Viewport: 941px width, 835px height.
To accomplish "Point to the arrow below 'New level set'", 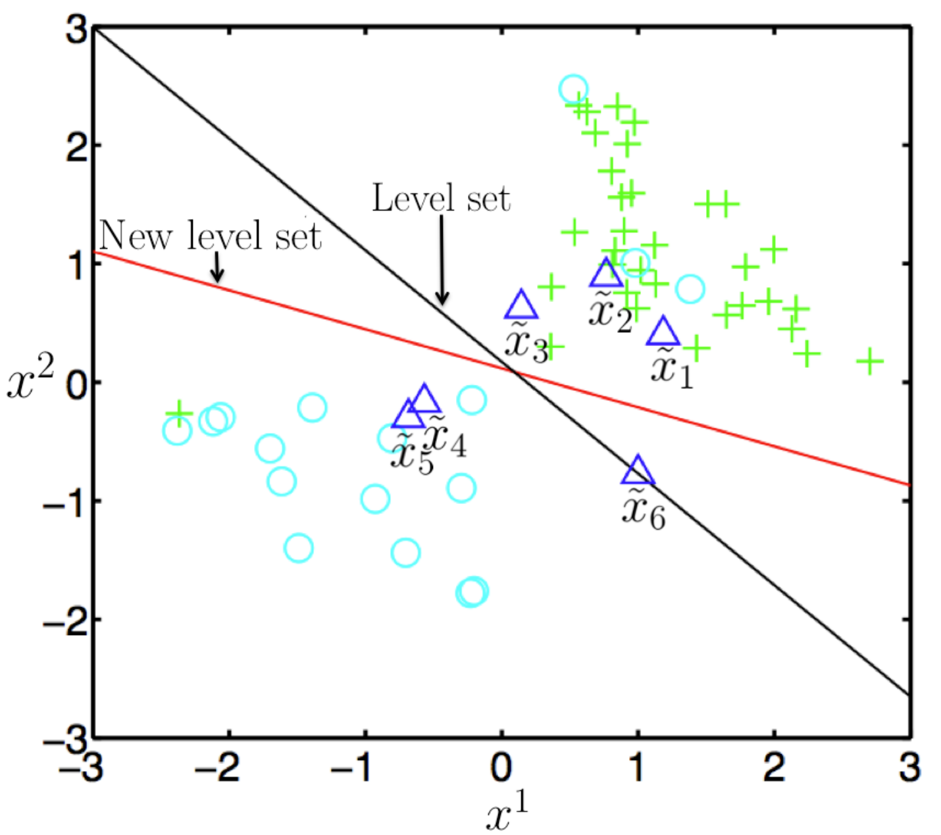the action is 217,268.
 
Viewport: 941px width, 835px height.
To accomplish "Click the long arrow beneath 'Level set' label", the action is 442,260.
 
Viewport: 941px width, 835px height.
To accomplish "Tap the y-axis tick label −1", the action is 65,501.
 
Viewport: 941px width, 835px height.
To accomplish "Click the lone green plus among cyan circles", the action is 179,413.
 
